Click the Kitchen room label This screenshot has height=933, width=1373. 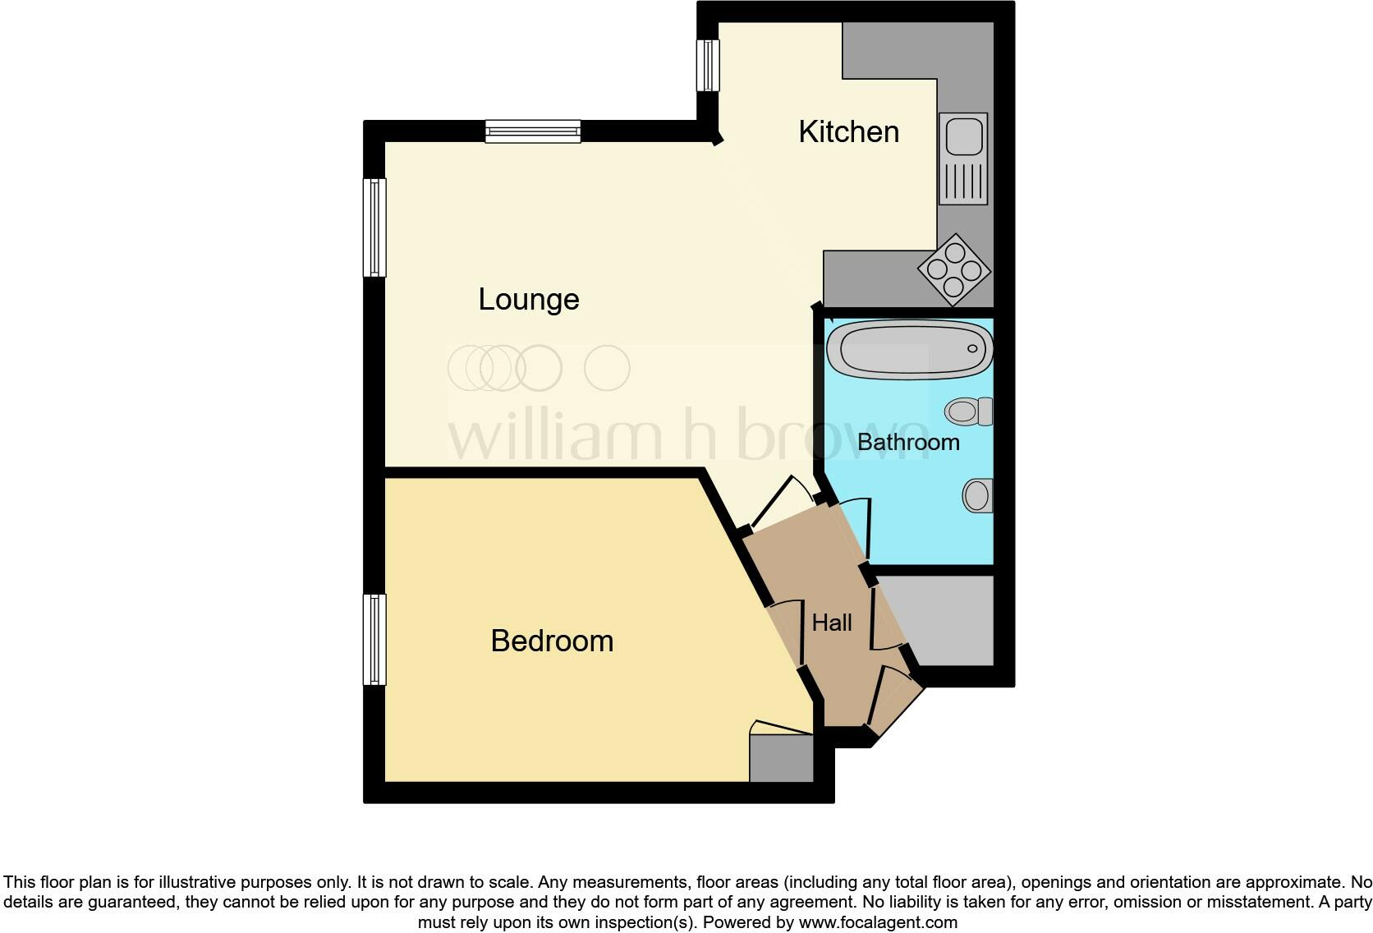(848, 132)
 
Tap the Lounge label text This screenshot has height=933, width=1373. (529, 299)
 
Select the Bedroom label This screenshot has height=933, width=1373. (552, 641)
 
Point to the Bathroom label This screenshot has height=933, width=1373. (908, 442)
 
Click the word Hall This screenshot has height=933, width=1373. (832, 623)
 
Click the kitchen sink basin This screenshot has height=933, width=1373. (963, 136)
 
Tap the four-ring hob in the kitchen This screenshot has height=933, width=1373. (954, 269)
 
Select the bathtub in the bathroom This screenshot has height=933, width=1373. (908, 349)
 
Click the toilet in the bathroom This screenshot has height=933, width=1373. (969, 411)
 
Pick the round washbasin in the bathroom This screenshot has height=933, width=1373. (976, 495)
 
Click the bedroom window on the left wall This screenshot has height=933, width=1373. (374, 640)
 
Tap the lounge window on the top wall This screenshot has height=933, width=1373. (533, 131)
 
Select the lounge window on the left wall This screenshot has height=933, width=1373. (374, 228)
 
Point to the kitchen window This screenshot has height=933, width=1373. (708, 66)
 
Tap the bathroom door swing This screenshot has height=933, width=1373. (854, 526)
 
